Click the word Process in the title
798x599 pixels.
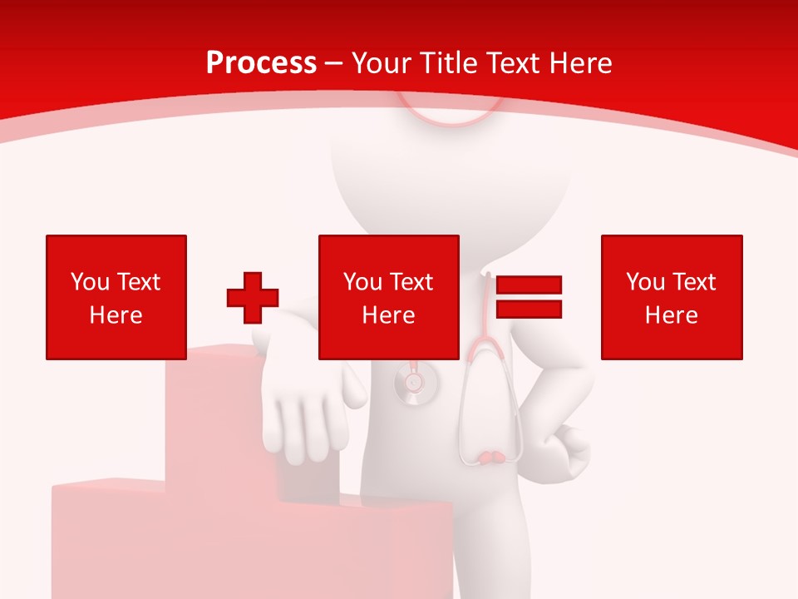(261, 63)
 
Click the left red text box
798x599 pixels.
(116, 297)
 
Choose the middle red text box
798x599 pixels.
(389, 297)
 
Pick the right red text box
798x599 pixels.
(672, 297)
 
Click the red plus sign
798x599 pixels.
(253, 298)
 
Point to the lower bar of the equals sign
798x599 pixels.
(529, 309)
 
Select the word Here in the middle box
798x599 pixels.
(389, 315)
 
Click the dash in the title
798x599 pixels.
(334, 63)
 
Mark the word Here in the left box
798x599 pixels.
(116, 315)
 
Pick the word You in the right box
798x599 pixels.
(645, 282)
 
